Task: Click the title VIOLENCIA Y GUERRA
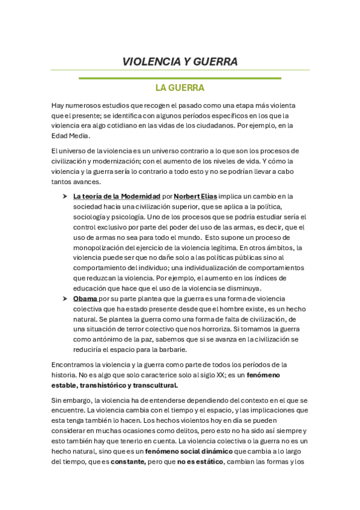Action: (x=180, y=61)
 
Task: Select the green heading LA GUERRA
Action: (x=180, y=88)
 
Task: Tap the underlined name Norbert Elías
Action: (x=195, y=196)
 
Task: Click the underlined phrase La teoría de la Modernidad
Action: (x=117, y=196)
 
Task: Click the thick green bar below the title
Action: (x=180, y=78)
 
